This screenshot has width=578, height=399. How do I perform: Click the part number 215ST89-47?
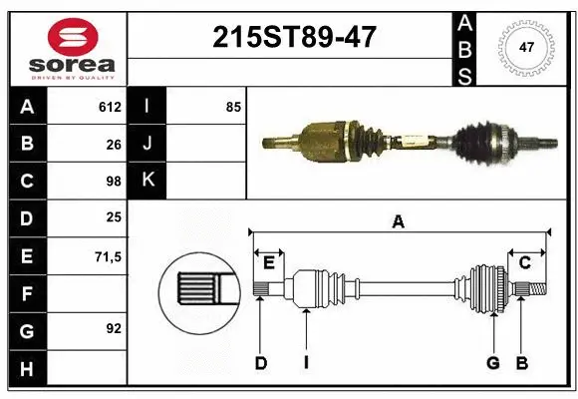click(x=295, y=37)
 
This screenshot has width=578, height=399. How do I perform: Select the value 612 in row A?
click(x=110, y=107)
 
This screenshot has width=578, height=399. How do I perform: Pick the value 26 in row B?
click(x=114, y=144)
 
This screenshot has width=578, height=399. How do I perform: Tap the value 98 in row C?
click(x=114, y=182)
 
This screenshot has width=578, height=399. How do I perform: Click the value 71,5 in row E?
click(x=108, y=256)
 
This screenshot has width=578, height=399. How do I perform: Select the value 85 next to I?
click(x=233, y=107)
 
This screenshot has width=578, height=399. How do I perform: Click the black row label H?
click(x=26, y=369)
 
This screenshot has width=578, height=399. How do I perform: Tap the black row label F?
click(x=26, y=294)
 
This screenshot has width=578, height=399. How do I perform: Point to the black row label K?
click(x=148, y=182)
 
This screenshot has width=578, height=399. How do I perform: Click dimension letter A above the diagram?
click(x=399, y=222)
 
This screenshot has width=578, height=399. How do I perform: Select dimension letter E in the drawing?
click(x=269, y=262)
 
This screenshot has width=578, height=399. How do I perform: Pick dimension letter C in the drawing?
click(x=524, y=262)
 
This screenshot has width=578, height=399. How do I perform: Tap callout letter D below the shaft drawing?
click(x=260, y=363)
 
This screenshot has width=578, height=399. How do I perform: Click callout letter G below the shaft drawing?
click(x=492, y=363)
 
